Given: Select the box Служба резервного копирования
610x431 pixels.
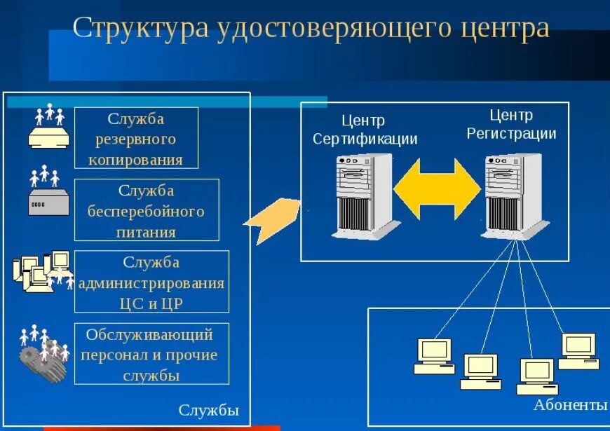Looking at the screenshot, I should coord(136,138).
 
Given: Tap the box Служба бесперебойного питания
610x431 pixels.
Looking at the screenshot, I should coord(147,210).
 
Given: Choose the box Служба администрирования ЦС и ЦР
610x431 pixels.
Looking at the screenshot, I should coord(151,282).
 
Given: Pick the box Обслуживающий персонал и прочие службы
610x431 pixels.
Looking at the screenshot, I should coord(151,354).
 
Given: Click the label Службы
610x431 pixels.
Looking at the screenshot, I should coord(209,410).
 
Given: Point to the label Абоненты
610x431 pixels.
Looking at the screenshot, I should coord(569,405).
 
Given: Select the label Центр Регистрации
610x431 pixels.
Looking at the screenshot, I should coord(511,124).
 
